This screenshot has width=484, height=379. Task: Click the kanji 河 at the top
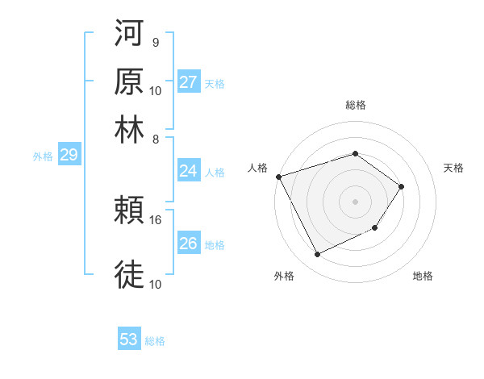pos(129,35)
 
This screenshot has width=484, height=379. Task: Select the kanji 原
pos(129,81)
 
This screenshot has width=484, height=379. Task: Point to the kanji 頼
pos(129,210)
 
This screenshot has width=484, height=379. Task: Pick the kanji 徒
pos(129,273)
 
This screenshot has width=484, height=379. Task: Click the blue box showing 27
pos(189,82)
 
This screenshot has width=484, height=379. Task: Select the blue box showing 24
pos(189,171)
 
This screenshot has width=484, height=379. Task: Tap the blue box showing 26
pos(189,244)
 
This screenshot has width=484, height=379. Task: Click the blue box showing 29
pos(69,156)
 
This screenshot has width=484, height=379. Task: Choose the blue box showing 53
pos(129,339)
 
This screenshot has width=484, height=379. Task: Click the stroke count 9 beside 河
pos(155,42)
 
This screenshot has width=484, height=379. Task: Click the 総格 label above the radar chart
pos(356,105)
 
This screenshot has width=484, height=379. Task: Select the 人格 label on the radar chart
pos(258,168)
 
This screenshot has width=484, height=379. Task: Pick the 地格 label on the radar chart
pos(423,276)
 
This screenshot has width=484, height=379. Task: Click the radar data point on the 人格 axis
pos(278,176)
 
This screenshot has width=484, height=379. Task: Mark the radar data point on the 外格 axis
pos(317,255)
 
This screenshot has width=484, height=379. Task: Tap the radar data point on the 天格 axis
pos(402,186)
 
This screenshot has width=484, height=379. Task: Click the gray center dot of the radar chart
pos(356,201)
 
